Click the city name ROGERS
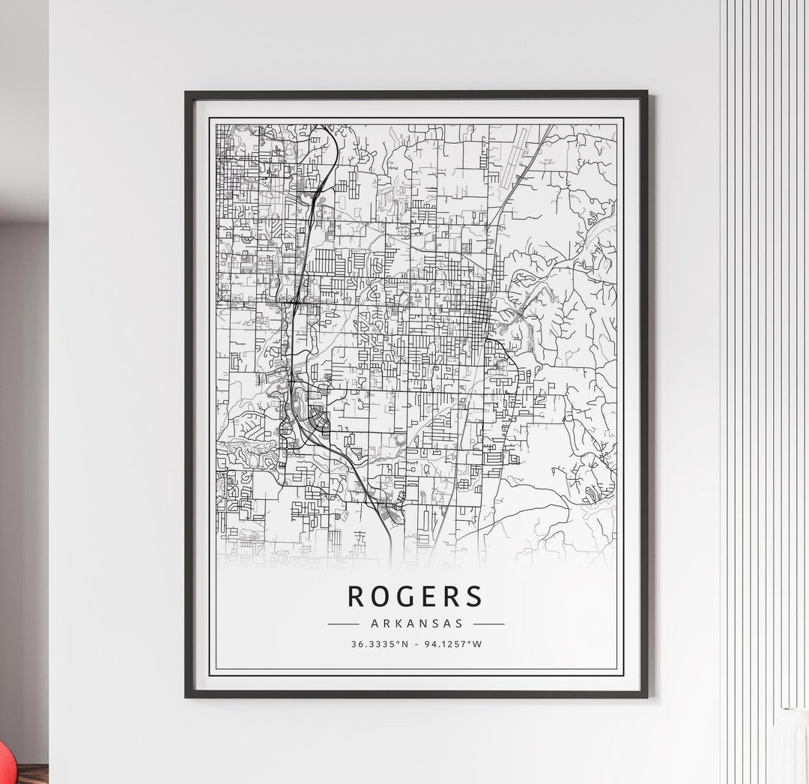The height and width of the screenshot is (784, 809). (x=416, y=596)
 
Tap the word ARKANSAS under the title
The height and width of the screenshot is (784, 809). (x=416, y=623)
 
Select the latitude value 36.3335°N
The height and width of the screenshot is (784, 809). (x=380, y=644)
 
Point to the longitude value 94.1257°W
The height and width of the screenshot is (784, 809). (x=452, y=644)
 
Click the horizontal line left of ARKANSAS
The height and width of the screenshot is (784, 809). (x=343, y=623)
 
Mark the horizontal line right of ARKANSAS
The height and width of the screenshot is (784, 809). (x=488, y=623)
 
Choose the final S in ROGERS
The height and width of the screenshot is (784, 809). (x=473, y=596)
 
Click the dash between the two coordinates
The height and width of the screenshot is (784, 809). (x=416, y=644)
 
